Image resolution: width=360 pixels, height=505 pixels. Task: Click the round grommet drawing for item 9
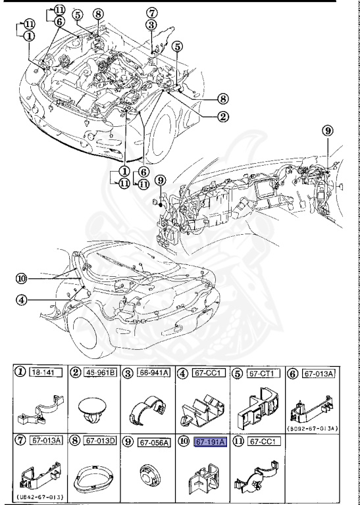tap(151, 475)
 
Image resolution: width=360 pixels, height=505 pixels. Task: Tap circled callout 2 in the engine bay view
tap(223, 118)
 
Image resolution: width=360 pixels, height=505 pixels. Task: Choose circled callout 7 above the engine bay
tap(152, 12)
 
